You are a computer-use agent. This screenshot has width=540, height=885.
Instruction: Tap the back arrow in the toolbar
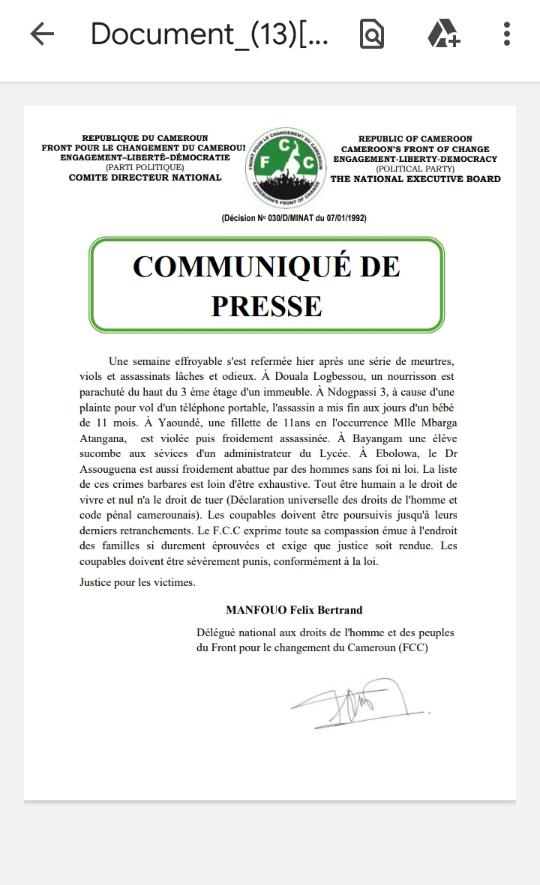pos(42,34)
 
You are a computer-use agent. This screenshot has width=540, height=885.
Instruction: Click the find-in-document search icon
pos(372,34)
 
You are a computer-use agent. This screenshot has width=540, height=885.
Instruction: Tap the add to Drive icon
pos(442,34)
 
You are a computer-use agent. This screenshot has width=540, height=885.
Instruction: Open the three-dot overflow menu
pos(507,34)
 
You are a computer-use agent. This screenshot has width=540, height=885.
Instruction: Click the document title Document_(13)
pos(209,34)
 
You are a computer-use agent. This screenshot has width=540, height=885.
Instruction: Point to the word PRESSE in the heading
pos(266,305)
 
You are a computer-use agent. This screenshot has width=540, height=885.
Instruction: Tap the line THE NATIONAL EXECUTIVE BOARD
pos(415,179)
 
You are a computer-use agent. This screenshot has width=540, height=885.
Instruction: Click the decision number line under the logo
pos(294,218)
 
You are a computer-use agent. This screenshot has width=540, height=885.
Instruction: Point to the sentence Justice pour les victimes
pos(137,582)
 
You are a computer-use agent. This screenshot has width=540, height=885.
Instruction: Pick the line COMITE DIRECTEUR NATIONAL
pos(145,178)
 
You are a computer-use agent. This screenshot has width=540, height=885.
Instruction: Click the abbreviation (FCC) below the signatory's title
pos(412,648)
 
